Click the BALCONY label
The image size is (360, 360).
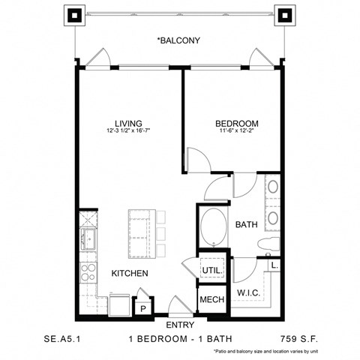178,40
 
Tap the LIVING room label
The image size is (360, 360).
128,124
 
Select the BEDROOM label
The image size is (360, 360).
237,124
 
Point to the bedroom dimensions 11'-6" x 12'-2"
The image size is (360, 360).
237,133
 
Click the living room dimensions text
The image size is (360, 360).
128,133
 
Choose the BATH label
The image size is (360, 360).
247,224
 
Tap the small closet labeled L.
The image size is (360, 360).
275,264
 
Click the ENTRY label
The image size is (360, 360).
179,325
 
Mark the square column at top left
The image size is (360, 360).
75,14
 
